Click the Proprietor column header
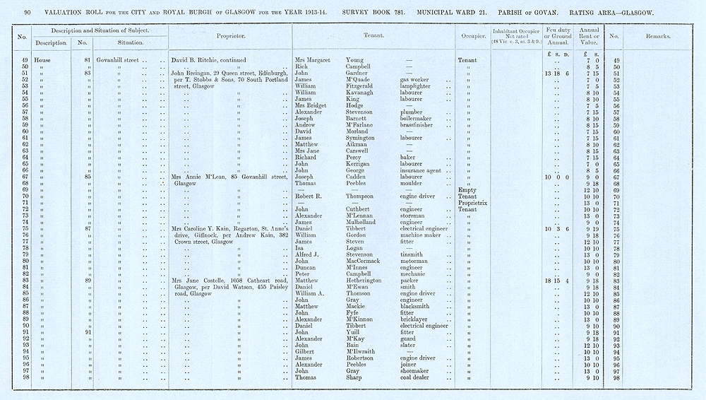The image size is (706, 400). click(x=229, y=35)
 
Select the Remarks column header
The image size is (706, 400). click(x=655, y=35)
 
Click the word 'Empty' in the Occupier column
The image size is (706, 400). click(x=467, y=190)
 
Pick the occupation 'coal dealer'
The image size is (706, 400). click(x=416, y=378)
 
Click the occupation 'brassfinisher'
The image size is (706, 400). click(x=420, y=125)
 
